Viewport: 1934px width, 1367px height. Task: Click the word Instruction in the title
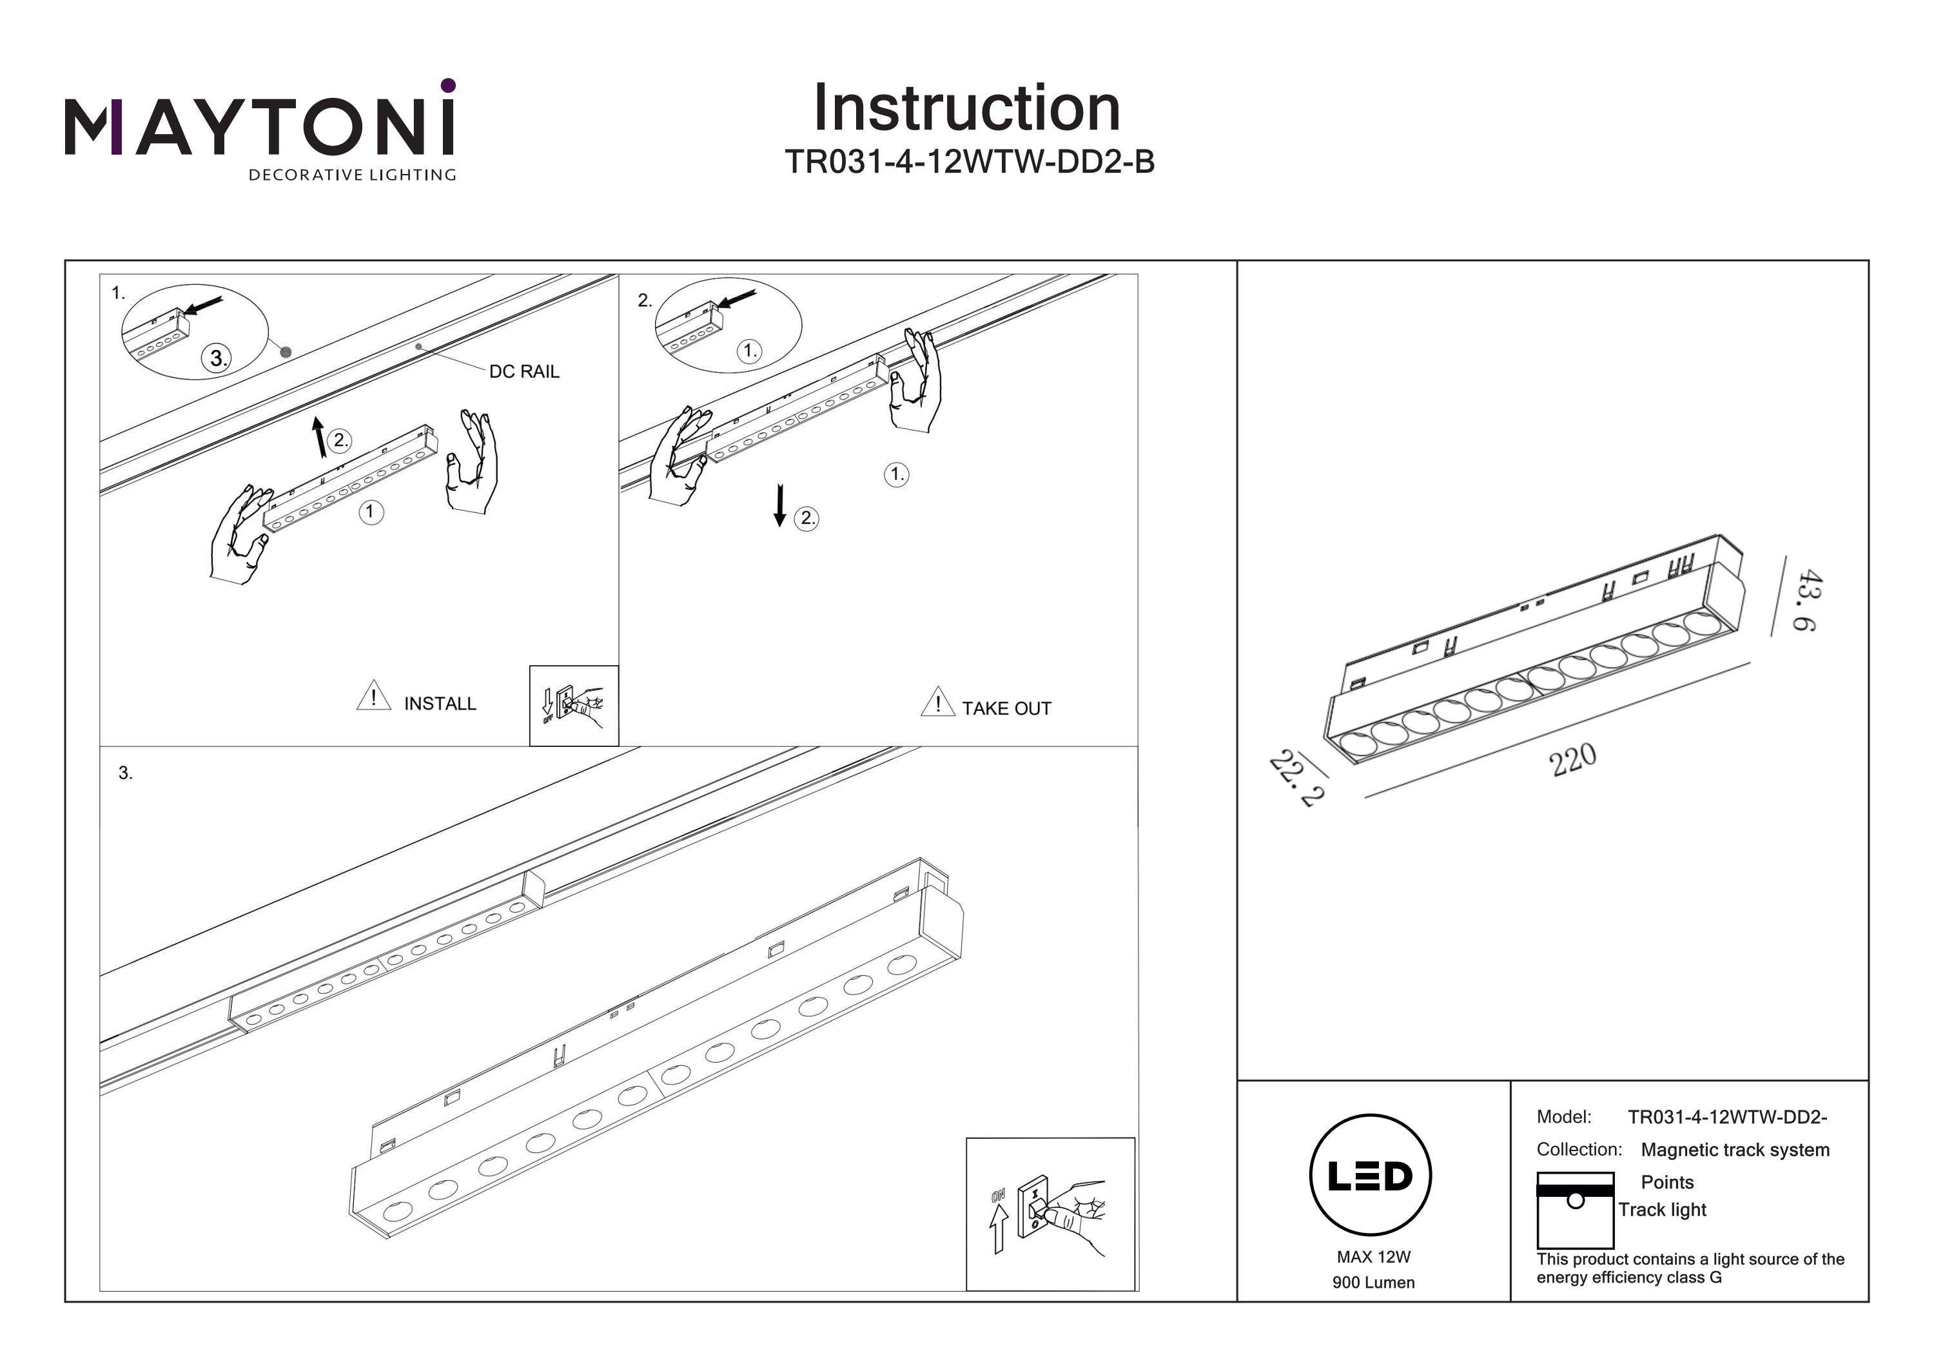click(x=966, y=109)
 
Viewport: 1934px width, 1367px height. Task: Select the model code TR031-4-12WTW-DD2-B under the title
click(x=969, y=162)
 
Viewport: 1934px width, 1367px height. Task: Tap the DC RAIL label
click(x=524, y=371)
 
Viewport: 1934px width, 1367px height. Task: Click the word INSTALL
click(x=440, y=703)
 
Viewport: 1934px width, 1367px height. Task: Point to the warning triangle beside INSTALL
click(x=373, y=697)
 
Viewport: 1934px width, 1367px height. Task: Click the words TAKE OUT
click(x=1006, y=708)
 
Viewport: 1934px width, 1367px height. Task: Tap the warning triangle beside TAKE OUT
click(x=937, y=702)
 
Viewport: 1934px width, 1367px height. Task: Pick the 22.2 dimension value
click(x=1296, y=779)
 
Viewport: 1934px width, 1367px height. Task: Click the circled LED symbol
click(x=1371, y=1175)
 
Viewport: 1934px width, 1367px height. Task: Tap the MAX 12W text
click(x=1373, y=1257)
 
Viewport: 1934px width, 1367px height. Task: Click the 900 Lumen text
click(x=1373, y=1283)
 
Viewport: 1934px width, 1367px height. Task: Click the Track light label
click(x=1662, y=1210)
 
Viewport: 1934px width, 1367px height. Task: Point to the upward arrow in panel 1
click(x=318, y=436)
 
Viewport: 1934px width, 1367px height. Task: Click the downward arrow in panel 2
click(x=780, y=505)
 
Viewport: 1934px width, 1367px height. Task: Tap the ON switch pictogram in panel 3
click(x=1050, y=1214)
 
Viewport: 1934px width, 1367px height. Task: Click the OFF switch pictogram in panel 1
click(x=574, y=706)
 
